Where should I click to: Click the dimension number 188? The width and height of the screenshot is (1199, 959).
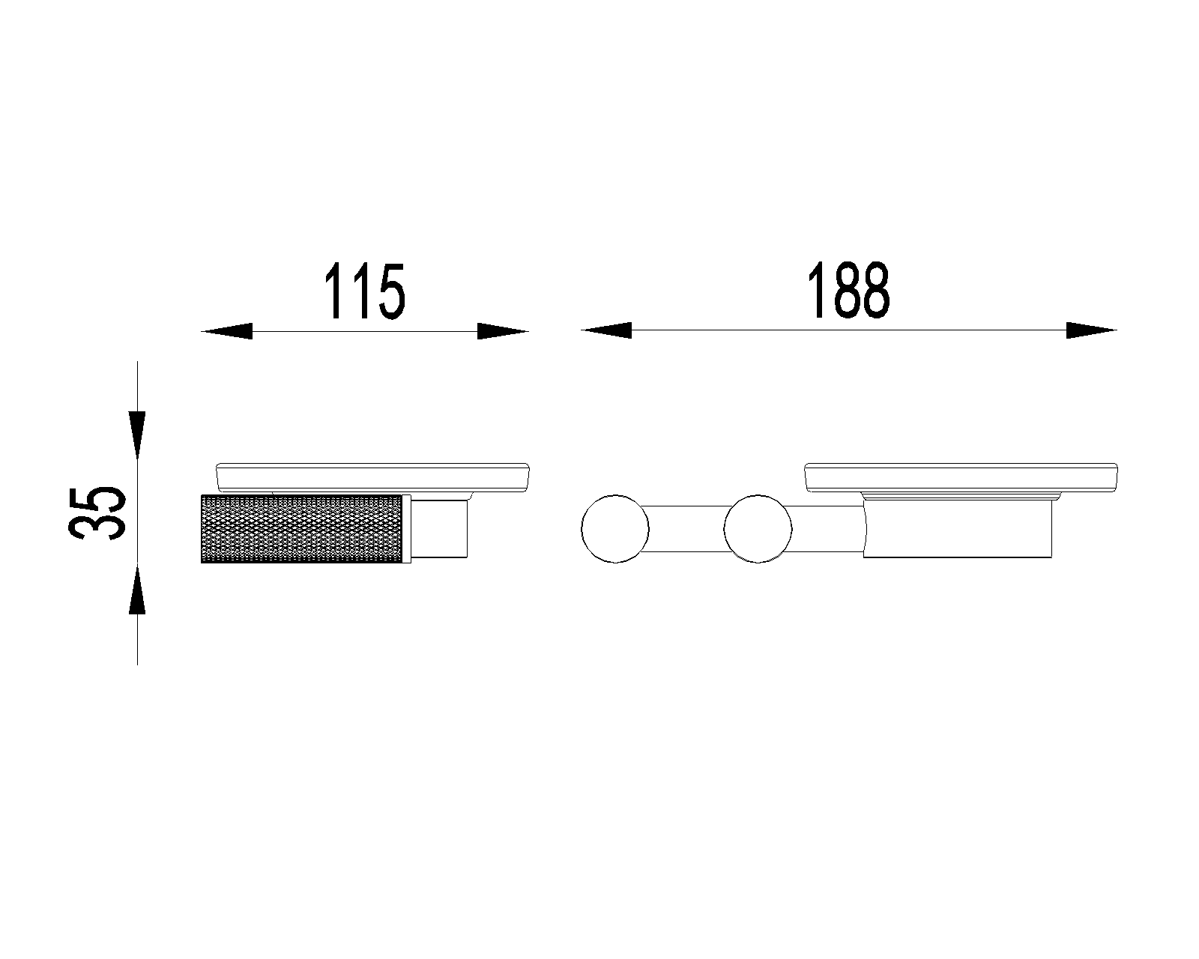848,290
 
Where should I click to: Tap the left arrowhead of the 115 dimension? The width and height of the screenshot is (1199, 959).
227,331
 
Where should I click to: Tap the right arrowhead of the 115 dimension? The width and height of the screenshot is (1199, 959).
503,331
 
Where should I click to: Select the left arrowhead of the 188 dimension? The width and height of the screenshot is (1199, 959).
606,330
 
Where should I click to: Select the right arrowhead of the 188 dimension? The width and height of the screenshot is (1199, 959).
1092,330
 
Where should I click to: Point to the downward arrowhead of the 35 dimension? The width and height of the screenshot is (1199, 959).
137,436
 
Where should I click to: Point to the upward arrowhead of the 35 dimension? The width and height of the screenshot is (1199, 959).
137,589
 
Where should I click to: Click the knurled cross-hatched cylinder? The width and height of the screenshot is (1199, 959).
301,529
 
